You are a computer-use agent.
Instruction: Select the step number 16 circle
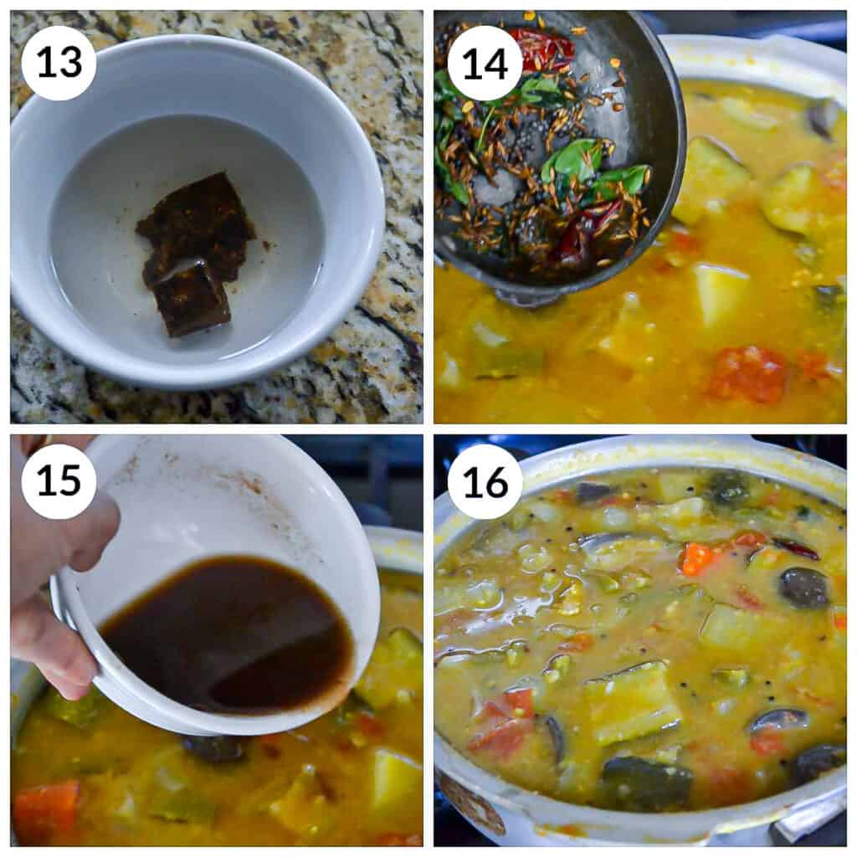[x=485, y=481]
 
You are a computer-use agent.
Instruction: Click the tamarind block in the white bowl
[x=192, y=251]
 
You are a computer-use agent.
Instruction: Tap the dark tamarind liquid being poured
[x=226, y=636]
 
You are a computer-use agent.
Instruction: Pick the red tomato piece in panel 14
[x=747, y=374]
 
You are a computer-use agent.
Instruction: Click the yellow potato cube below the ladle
[x=718, y=293]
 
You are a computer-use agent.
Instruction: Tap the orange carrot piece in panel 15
[x=46, y=808]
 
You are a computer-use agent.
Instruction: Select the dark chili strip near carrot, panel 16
[x=796, y=549]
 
